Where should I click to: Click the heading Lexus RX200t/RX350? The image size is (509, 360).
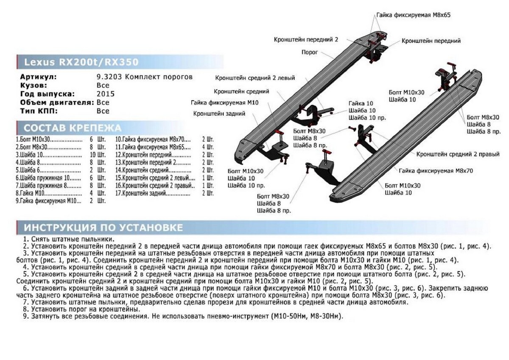click(x=81, y=62)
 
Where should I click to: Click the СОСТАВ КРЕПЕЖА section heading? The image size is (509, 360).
click(x=73, y=128)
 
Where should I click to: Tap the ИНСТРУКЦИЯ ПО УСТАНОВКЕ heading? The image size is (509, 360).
click(x=103, y=228)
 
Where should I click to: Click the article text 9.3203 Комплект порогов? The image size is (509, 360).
click(x=145, y=77)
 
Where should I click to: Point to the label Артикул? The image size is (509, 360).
click(x=38, y=77)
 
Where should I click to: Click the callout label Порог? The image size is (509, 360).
click(x=310, y=52)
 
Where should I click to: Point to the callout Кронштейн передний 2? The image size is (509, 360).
click(x=306, y=39)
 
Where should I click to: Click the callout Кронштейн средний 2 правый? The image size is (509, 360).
click(x=458, y=154)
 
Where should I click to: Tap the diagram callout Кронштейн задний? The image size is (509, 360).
click(x=220, y=114)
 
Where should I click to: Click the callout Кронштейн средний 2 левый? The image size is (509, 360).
click(x=255, y=78)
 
